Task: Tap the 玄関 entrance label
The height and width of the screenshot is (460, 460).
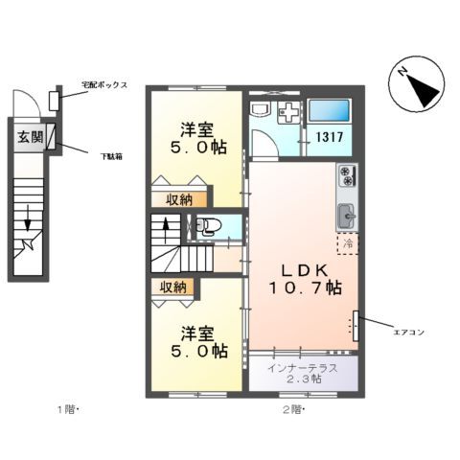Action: (x=29, y=136)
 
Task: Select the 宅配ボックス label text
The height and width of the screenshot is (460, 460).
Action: (x=104, y=84)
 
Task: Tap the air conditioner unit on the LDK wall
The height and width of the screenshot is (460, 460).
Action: (x=357, y=326)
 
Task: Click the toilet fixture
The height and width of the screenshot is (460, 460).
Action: (x=208, y=227)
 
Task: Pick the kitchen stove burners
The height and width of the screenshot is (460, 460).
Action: (x=346, y=176)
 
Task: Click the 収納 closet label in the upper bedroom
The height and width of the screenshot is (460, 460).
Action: (x=174, y=199)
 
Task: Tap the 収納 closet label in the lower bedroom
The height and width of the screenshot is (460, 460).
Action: (x=173, y=287)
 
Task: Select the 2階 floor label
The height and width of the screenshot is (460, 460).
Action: (x=292, y=410)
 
